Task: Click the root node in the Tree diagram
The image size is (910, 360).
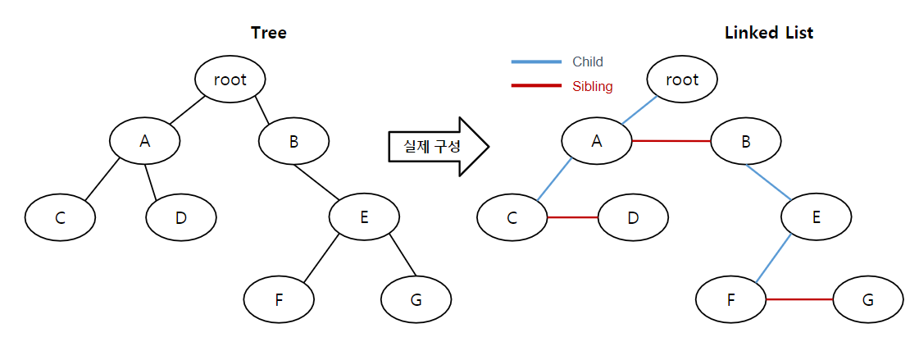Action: (x=230, y=80)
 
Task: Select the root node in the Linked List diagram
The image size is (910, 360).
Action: (x=682, y=80)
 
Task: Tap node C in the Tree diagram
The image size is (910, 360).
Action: (x=60, y=218)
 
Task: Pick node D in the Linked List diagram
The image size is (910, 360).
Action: (x=633, y=218)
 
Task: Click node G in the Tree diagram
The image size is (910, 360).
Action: (x=416, y=300)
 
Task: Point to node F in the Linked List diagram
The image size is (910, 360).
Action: (x=731, y=300)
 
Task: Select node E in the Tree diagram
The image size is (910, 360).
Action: (x=365, y=217)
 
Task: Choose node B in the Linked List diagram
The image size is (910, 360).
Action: (x=746, y=141)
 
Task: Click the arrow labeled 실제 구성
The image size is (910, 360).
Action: (x=439, y=146)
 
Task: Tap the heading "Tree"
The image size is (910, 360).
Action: (x=268, y=33)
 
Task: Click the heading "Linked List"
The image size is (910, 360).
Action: (x=769, y=33)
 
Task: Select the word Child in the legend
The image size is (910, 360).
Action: (x=588, y=62)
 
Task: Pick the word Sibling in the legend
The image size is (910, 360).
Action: (x=593, y=87)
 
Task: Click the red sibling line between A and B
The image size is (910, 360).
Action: (x=671, y=141)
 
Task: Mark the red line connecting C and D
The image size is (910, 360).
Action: (x=573, y=218)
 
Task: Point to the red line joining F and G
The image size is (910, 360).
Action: (x=799, y=299)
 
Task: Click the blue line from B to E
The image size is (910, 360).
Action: (x=769, y=183)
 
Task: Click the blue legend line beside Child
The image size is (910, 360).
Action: (x=536, y=61)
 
